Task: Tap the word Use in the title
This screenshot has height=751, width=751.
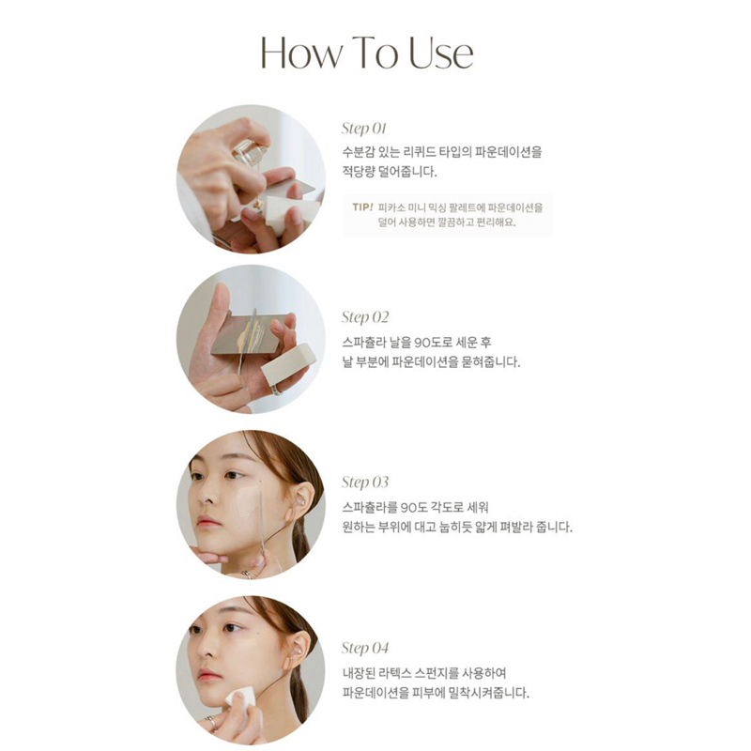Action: tap(439, 54)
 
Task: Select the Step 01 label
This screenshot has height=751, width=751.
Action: tap(364, 129)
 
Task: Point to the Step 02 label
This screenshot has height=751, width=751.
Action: tap(364, 317)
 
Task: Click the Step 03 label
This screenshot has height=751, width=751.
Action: tap(364, 483)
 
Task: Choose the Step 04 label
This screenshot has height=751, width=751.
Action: tap(364, 648)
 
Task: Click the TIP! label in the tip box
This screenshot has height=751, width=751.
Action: tap(361, 206)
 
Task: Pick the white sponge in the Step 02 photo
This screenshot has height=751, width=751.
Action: tap(287, 362)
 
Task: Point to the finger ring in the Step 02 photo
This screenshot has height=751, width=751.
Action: tap(277, 389)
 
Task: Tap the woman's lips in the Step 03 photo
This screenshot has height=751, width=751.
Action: tap(208, 522)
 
